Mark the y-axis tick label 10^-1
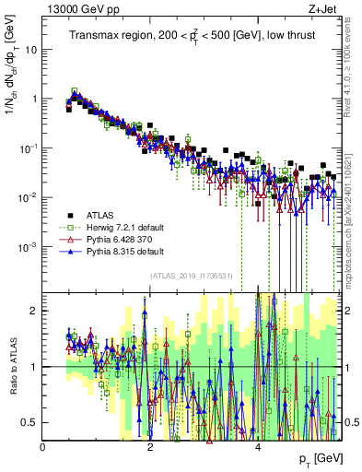(29, 147)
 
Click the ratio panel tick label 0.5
(30, 422)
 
